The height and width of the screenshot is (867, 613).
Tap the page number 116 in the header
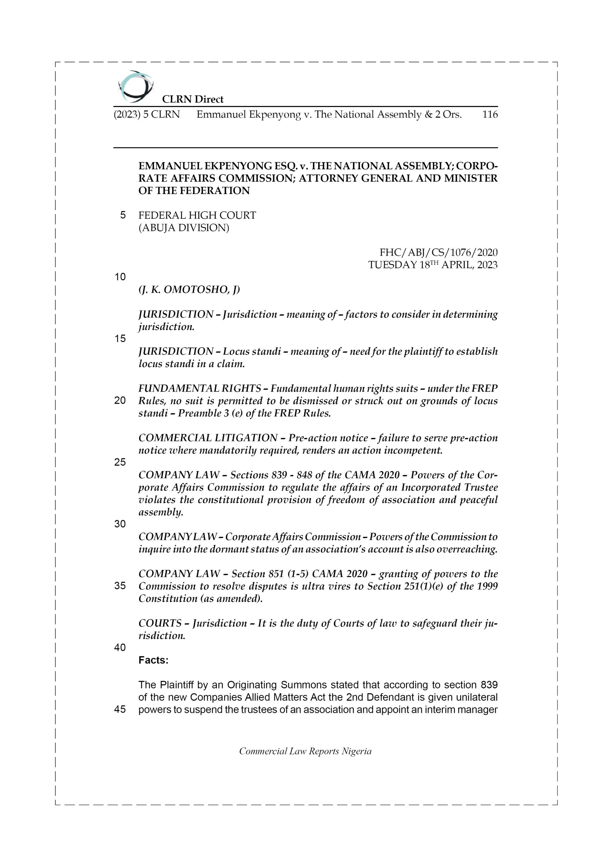(490, 114)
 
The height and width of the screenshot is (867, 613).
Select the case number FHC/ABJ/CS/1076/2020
(438, 252)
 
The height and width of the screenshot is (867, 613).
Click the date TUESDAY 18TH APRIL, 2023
(432, 265)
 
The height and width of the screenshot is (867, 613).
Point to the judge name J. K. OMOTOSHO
(189, 290)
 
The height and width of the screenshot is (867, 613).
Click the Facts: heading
(153, 660)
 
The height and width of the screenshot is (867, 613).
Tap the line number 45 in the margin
(120, 710)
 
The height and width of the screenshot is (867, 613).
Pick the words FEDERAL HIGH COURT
(197, 215)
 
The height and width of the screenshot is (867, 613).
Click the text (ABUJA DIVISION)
(184, 228)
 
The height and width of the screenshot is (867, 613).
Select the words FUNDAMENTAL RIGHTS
(200, 388)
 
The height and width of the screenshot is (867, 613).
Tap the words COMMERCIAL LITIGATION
(208, 438)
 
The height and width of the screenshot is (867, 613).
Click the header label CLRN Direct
(193, 99)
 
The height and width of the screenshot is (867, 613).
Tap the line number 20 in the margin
(120, 401)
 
